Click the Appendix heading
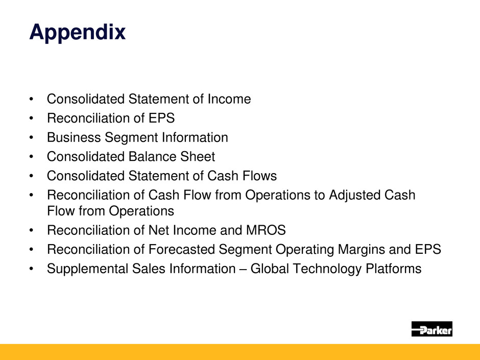tap(78, 33)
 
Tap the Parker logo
tap(431, 329)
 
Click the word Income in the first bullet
tap(229, 99)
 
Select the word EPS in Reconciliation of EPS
tap(162, 118)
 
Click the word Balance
tap(152, 157)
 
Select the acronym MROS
tap(266, 230)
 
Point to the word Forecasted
tap(181, 250)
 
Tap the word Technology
tap(327, 269)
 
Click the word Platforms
tap(394, 269)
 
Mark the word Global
tap(270, 269)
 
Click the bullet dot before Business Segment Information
tap(31, 138)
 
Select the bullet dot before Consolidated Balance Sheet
tap(31, 157)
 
